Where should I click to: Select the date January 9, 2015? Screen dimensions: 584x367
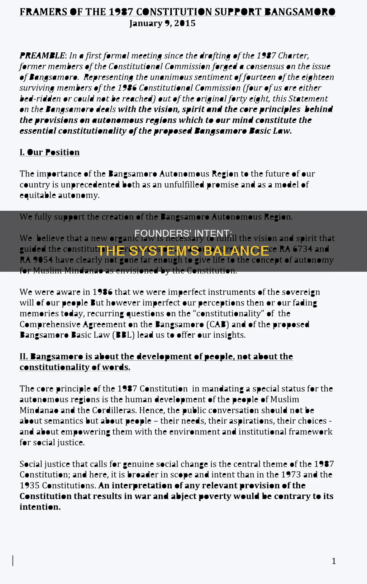click(162, 23)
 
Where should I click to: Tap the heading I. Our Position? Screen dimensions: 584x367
click(49, 152)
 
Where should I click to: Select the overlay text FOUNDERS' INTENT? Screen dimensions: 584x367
click(183, 233)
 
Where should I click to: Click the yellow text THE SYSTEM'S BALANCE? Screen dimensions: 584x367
click(183, 251)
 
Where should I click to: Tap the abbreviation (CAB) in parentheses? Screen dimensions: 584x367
click(217, 324)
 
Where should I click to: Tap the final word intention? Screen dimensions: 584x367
click(40, 507)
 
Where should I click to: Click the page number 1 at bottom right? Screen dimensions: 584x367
click(334, 561)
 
